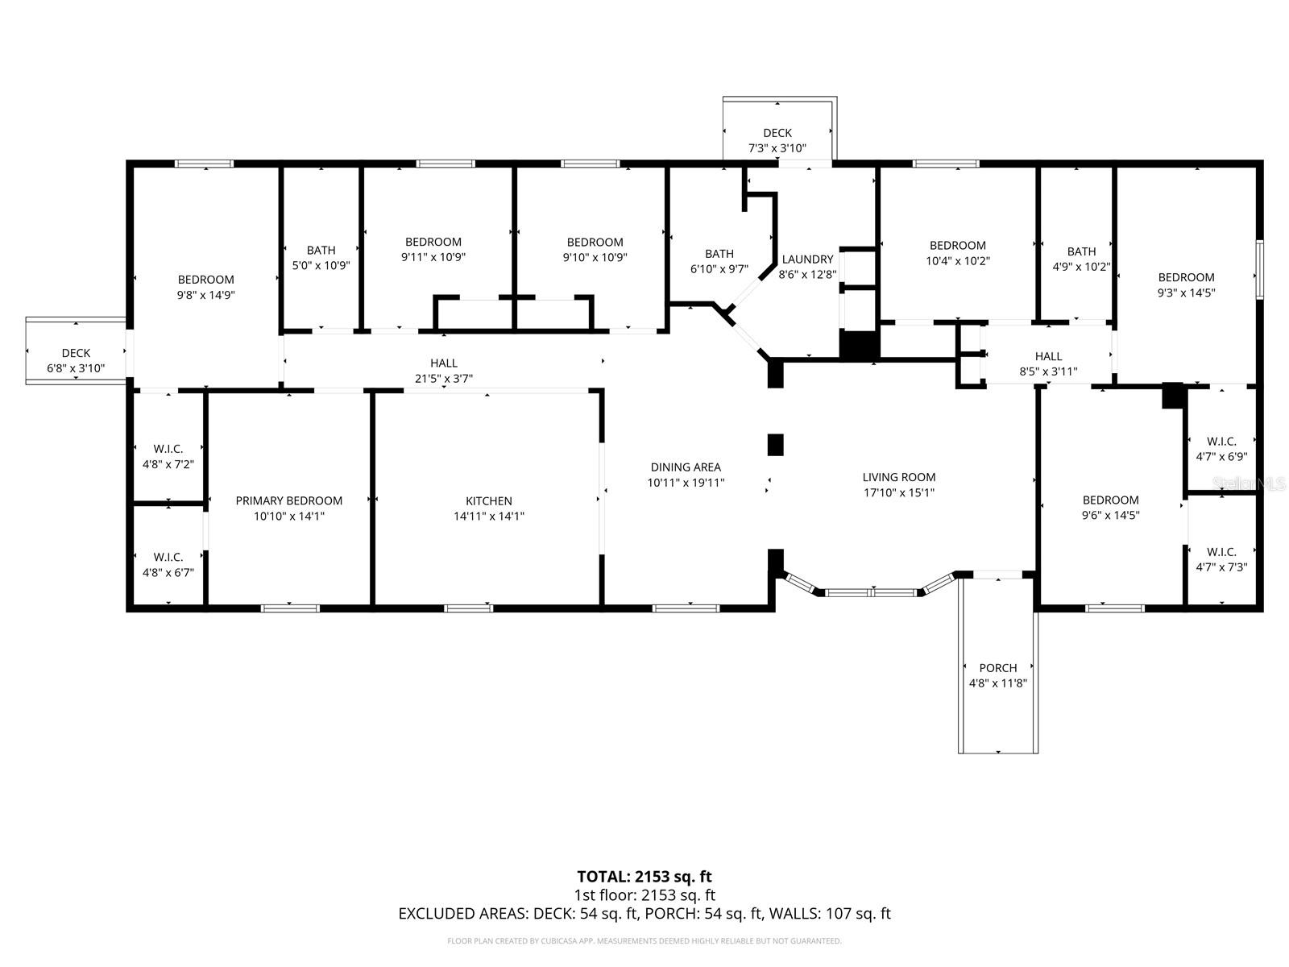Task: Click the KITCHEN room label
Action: (488, 501)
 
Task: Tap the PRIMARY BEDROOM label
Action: (288, 501)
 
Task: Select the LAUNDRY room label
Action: (806, 259)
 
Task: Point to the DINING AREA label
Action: (686, 467)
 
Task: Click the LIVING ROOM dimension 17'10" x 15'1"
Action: (898, 492)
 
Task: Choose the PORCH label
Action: (997, 668)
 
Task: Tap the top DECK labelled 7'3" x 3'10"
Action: (777, 140)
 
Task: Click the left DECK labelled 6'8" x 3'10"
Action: (76, 361)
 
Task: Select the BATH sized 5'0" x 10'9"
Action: (321, 257)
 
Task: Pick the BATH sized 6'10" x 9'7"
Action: (719, 261)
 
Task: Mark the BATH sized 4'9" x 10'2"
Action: (1081, 259)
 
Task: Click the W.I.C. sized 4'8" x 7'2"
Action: (168, 456)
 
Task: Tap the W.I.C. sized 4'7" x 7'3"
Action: (1221, 559)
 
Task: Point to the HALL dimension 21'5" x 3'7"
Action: (443, 379)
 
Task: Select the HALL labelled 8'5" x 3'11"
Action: (1048, 363)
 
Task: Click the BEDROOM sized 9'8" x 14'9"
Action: (205, 287)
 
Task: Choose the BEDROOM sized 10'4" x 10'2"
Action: (957, 253)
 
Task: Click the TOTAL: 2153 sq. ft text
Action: (644, 876)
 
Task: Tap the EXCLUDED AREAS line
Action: (644, 914)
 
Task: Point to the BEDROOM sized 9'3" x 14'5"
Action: (1186, 285)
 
